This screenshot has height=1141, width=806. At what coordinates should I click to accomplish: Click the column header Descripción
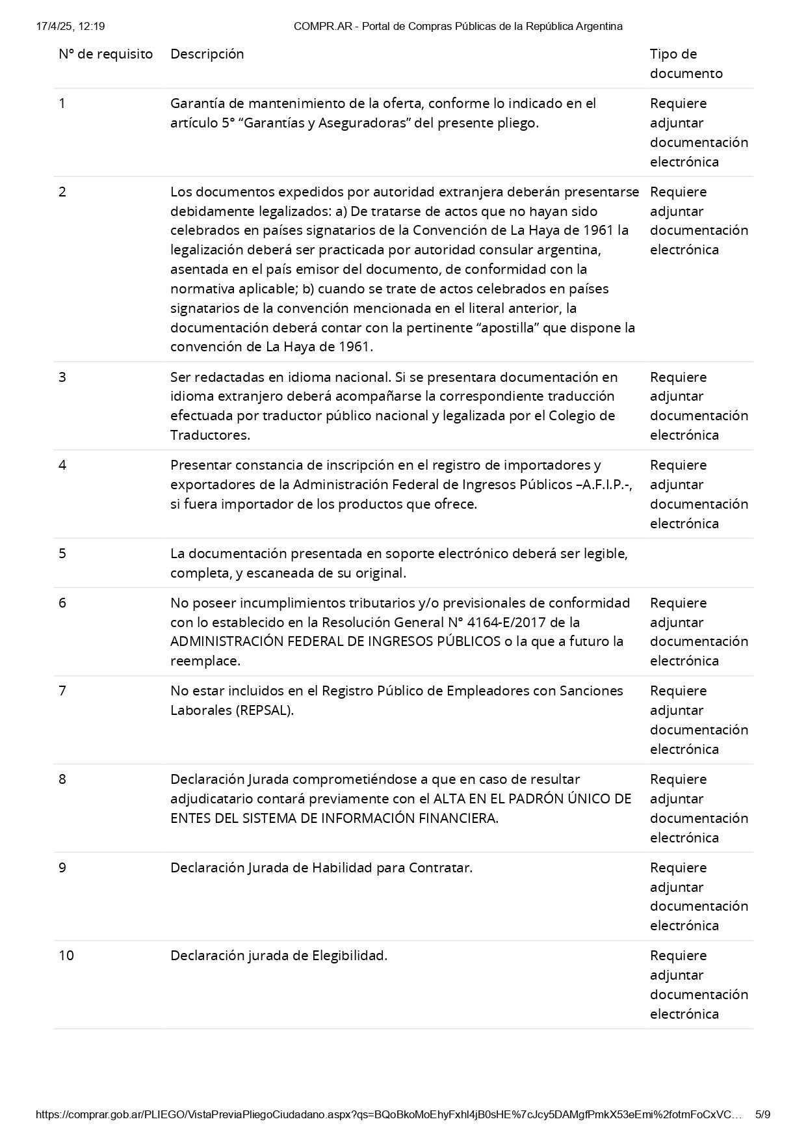[207, 54]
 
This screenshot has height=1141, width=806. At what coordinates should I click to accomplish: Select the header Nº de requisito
[105, 54]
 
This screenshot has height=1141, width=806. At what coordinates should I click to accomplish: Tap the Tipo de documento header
[686, 63]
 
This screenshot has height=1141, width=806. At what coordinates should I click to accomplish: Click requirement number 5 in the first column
[62, 554]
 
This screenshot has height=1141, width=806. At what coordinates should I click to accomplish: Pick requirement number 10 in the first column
[66, 956]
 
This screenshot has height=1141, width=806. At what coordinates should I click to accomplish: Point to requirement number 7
[62, 691]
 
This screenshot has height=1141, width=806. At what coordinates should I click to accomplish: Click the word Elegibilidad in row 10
[350, 956]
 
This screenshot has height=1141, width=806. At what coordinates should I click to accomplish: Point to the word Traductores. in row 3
[210, 435]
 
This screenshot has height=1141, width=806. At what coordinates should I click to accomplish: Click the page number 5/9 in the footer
[762, 1114]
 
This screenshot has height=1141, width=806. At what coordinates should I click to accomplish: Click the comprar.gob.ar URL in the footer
[388, 1114]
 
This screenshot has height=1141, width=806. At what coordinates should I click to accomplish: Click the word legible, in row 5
[603, 554]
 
